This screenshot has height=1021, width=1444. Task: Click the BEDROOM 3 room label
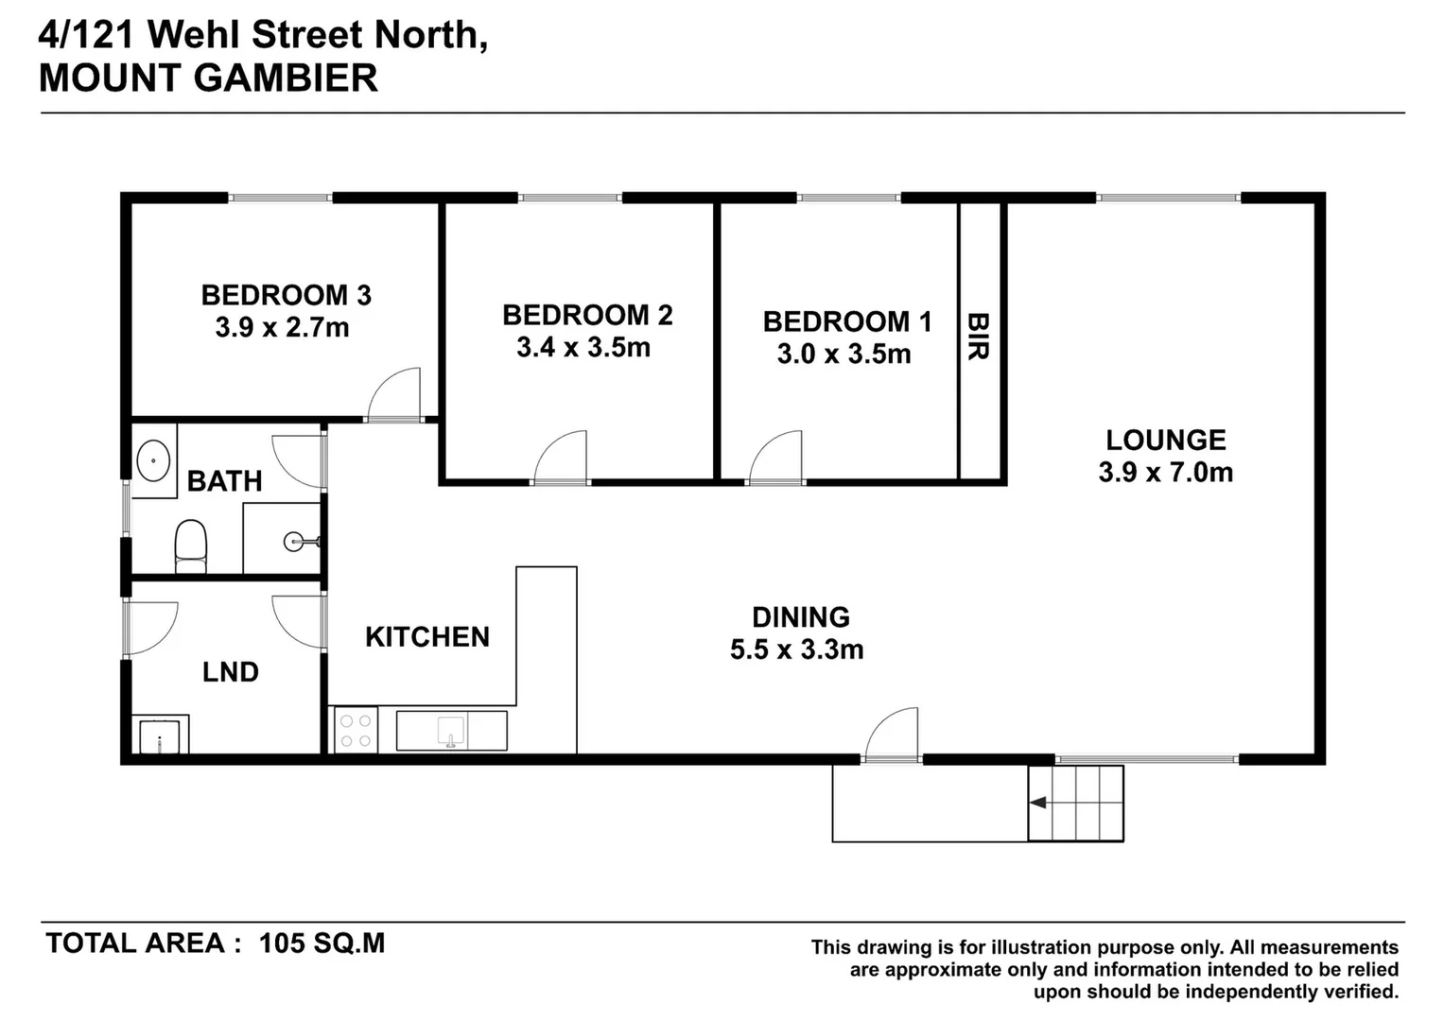click(286, 295)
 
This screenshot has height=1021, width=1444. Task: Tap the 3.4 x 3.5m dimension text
click(583, 348)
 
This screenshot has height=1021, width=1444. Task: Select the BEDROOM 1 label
click(847, 321)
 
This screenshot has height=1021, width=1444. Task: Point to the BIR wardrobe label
click(978, 337)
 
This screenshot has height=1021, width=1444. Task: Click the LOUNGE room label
click(1166, 440)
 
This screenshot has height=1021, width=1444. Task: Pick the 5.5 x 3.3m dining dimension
click(796, 649)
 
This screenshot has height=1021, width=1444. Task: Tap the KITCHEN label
click(427, 637)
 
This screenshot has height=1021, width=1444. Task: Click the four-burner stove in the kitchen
click(356, 730)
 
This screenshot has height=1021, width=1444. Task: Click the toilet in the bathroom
click(191, 545)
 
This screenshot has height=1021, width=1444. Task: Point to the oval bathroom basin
click(153, 461)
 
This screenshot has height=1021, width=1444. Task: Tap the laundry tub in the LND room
click(160, 736)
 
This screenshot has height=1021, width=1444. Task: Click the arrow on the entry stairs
click(1038, 803)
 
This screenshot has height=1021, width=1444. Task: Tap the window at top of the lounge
click(1168, 198)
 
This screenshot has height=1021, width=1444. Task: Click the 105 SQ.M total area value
click(322, 943)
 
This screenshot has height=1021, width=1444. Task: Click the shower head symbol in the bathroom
click(295, 542)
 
